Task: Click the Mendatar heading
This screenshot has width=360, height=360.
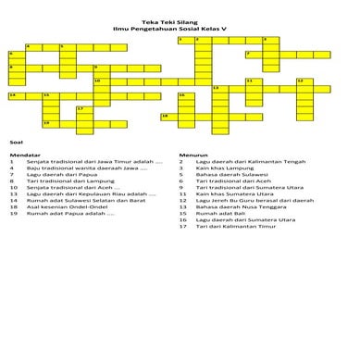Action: click(21, 155)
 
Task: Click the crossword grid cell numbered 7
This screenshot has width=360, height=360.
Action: click(251, 55)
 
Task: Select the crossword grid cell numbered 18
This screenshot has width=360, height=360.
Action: click(166, 116)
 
